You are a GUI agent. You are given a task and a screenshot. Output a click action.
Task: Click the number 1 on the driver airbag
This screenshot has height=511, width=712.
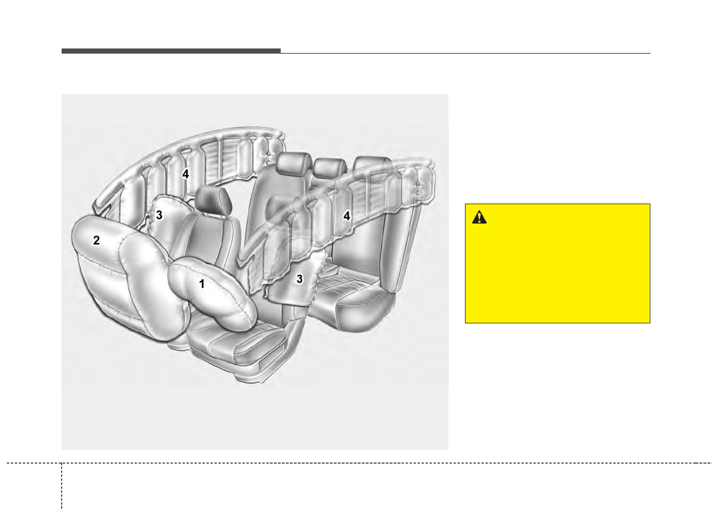[x=202, y=284]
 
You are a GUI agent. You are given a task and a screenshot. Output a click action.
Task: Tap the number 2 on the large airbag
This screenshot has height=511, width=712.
[x=96, y=240]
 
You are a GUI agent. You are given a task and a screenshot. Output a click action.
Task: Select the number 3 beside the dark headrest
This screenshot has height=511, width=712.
[x=159, y=215]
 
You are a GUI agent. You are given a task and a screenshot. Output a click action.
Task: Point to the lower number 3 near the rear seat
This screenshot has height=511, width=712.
[x=300, y=279]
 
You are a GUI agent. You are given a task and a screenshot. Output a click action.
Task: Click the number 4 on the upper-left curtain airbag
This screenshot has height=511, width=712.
[x=185, y=174]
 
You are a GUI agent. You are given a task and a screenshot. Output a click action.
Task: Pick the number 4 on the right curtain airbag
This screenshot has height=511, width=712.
[x=347, y=216]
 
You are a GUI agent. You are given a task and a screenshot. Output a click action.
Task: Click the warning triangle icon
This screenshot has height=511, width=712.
[x=479, y=217]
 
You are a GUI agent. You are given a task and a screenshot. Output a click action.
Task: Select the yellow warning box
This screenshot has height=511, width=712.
[x=557, y=263]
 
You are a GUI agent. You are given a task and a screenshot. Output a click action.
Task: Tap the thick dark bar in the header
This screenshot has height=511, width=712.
[x=171, y=51]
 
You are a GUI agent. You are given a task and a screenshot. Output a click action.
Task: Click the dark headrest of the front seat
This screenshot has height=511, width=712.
[x=213, y=201]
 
